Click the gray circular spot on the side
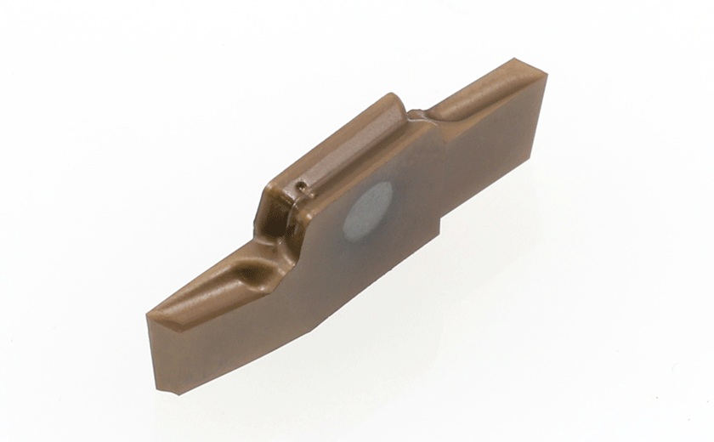pyautogui.click(x=367, y=209)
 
